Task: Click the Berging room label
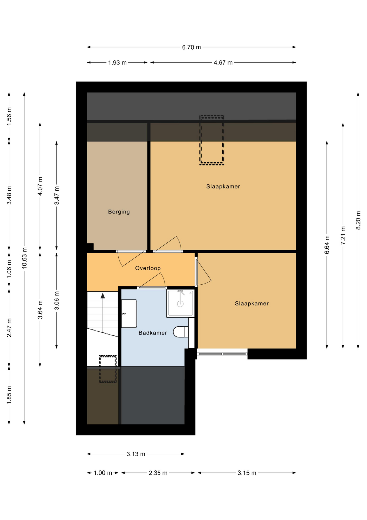[x=119, y=212]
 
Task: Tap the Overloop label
[x=148, y=268]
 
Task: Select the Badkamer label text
[x=153, y=333]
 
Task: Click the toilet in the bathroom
[x=181, y=332]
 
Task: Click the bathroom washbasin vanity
[x=129, y=314]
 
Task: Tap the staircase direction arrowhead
[x=103, y=296]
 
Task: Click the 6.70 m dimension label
[x=191, y=47]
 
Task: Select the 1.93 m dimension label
[x=117, y=63]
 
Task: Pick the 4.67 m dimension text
[x=223, y=63]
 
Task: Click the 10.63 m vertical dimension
[x=24, y=258]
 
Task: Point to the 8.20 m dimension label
[x=358, y=220]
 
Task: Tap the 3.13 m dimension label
[x=136, y=454]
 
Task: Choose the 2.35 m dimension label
[x=158, y=473]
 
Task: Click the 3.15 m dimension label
[x=247, y=473]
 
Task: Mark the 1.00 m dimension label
[x=103, y=473]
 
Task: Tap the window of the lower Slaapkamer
[x=222, y=354]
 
